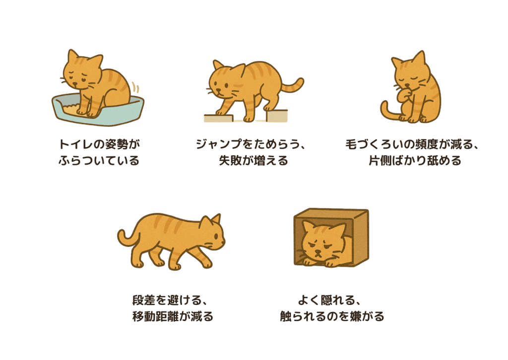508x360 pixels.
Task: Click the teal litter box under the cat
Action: click(99, 115)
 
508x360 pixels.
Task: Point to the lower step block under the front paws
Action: click(218, 118)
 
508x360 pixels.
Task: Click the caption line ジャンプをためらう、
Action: click(253, 145)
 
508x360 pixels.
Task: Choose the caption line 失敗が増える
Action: click(253, 161)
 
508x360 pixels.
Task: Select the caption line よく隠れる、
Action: click(331, 300)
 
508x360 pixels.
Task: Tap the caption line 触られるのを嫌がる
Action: click(331, 316)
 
